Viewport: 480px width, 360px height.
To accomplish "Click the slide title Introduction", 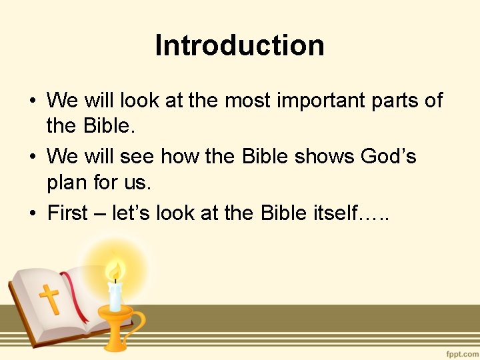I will point(240,46).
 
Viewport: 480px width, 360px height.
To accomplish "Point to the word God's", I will point(388,157).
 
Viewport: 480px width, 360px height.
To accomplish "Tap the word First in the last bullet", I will point(68,213).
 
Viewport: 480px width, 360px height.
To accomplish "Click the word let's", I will point(133,213).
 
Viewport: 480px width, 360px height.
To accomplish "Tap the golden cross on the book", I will point(49,299).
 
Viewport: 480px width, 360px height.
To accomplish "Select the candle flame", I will point(115,271).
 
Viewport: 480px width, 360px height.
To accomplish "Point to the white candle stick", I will point(115,297).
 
